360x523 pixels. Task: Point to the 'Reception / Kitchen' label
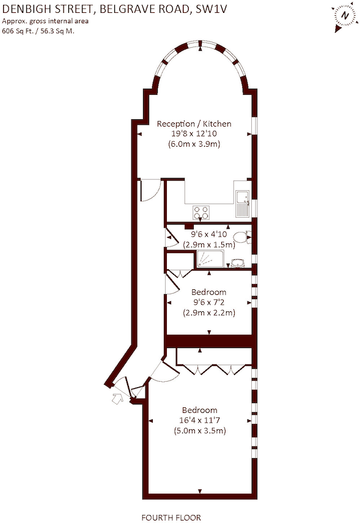194,124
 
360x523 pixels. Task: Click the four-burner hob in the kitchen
201,212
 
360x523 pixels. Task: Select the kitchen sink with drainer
242,202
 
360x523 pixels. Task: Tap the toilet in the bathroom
242,237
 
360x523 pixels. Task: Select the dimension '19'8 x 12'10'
194,134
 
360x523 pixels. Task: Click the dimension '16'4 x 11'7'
200,420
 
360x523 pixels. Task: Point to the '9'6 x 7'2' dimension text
208,302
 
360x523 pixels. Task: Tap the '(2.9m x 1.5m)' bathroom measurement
208,244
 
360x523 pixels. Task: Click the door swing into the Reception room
149,190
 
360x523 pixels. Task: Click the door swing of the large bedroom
160,372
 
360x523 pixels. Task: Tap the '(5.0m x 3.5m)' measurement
200,431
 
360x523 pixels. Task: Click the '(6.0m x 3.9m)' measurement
194,144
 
